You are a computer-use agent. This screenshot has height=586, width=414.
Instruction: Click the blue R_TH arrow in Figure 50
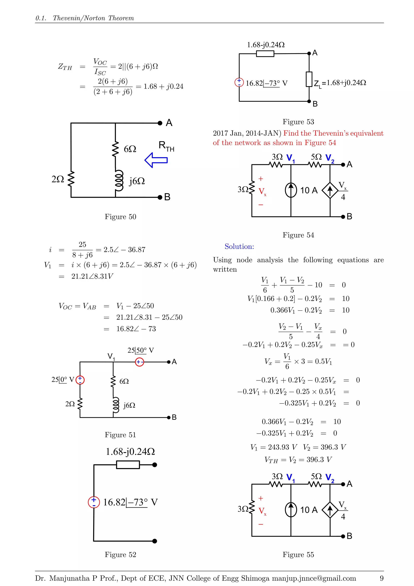(156, 160)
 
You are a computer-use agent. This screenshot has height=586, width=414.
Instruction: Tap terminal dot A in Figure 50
(160, 123)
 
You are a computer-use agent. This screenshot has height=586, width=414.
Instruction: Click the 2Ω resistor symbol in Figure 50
(71, 179)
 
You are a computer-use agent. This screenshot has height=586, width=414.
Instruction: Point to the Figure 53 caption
(298, 122)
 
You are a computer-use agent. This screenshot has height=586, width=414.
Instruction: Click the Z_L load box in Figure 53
(309, 79)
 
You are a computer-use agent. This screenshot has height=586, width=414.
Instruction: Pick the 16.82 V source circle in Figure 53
(239, 82)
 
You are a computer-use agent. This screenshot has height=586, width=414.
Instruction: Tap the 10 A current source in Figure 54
(291, 190)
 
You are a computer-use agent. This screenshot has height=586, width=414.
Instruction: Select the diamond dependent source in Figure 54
(330, 190)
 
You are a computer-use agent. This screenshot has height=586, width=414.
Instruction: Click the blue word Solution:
(239, 246)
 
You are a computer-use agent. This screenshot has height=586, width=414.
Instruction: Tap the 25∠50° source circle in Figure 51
(139, 362)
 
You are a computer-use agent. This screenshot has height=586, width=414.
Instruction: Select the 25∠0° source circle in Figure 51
(80, 380)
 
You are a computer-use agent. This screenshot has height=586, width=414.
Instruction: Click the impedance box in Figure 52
(128, 465)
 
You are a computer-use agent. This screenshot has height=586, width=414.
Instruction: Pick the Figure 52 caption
(120, 554)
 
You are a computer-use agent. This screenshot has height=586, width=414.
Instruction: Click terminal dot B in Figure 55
(343, 536)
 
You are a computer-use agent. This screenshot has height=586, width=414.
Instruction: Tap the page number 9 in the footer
(381, 578)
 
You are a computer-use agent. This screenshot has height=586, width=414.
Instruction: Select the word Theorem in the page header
(121, 18)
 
